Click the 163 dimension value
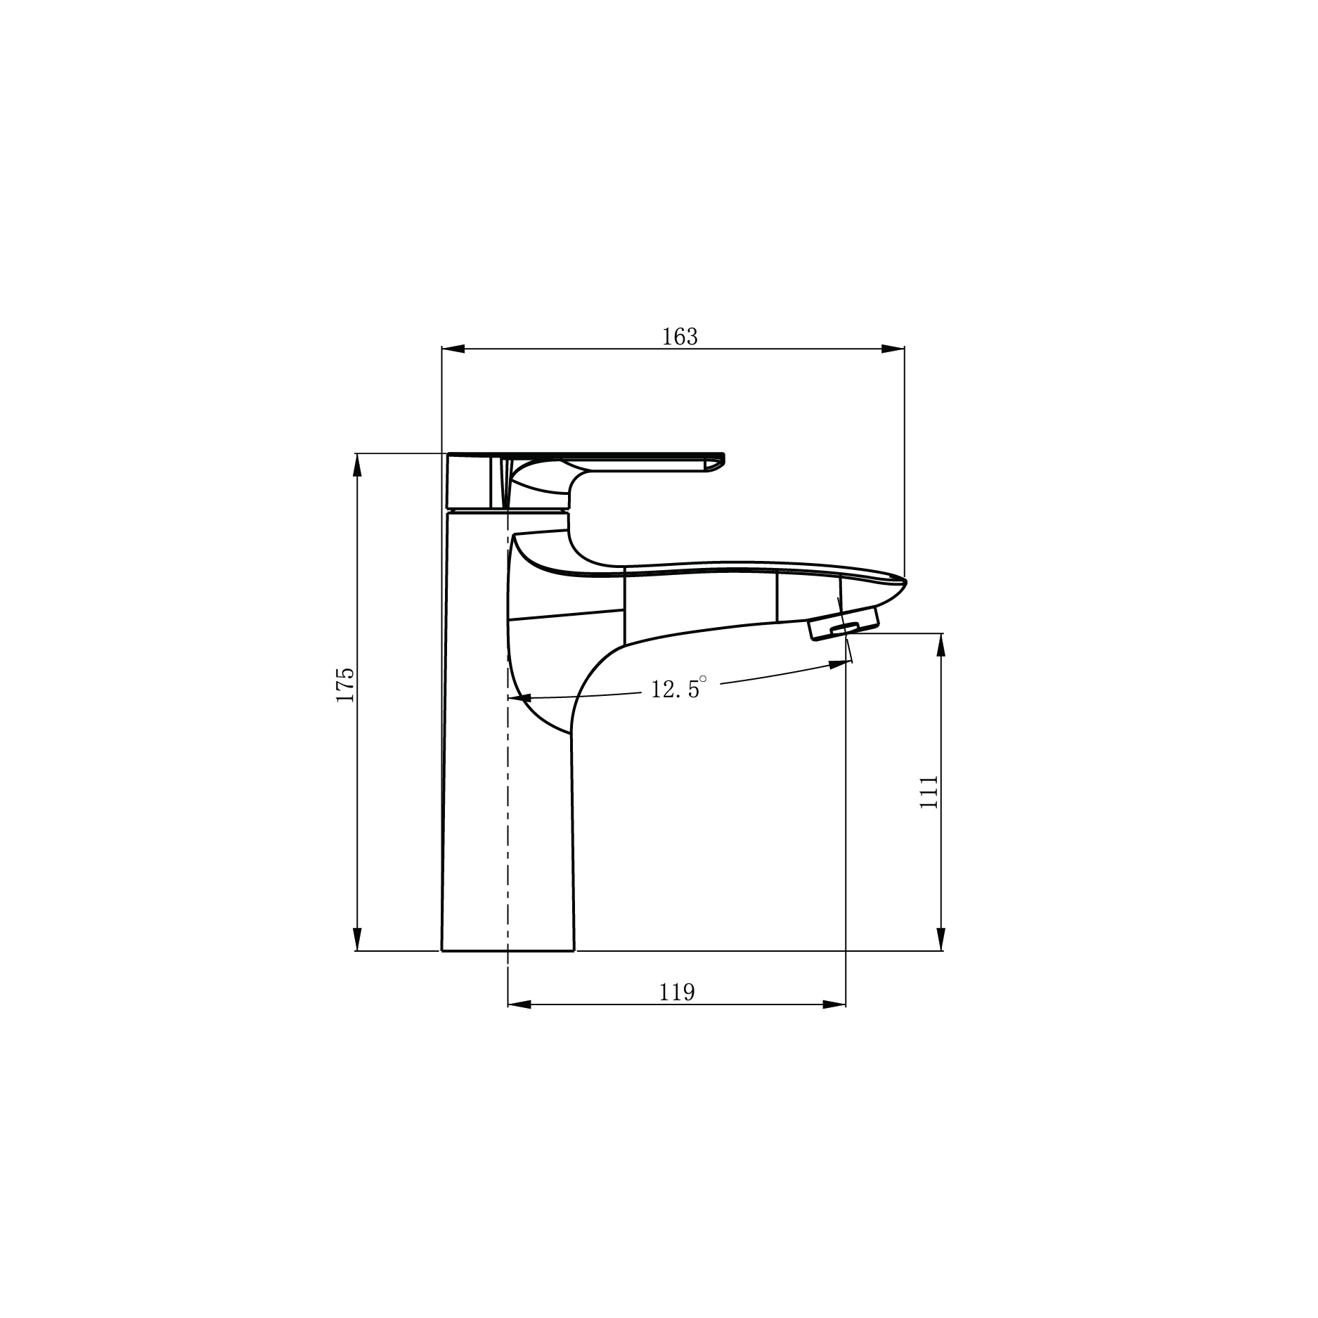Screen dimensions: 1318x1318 [x=680, y=337]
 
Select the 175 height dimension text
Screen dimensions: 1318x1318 [x=344, y=685]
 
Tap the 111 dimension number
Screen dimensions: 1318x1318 [x=929, y=792]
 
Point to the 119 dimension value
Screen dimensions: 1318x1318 [x=677, y=993]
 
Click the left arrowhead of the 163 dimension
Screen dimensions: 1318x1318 [x=453, y=349]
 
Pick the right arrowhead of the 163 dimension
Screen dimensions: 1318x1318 [x=893, y=349]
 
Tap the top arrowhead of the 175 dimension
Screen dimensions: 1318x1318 [x=357, y=465]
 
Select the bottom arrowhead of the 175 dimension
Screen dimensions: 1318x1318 [x=357, y=939]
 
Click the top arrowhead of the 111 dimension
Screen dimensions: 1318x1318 [x=942, y=645]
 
